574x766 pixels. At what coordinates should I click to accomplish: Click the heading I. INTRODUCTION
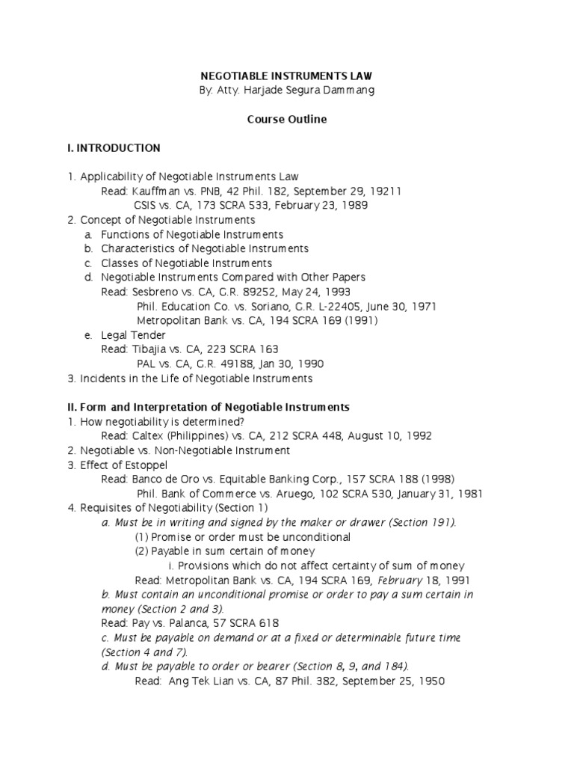113,147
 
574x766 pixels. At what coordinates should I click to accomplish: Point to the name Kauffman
152,191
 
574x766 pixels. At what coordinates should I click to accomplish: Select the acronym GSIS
146,205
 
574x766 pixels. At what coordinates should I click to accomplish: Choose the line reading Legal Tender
133,335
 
